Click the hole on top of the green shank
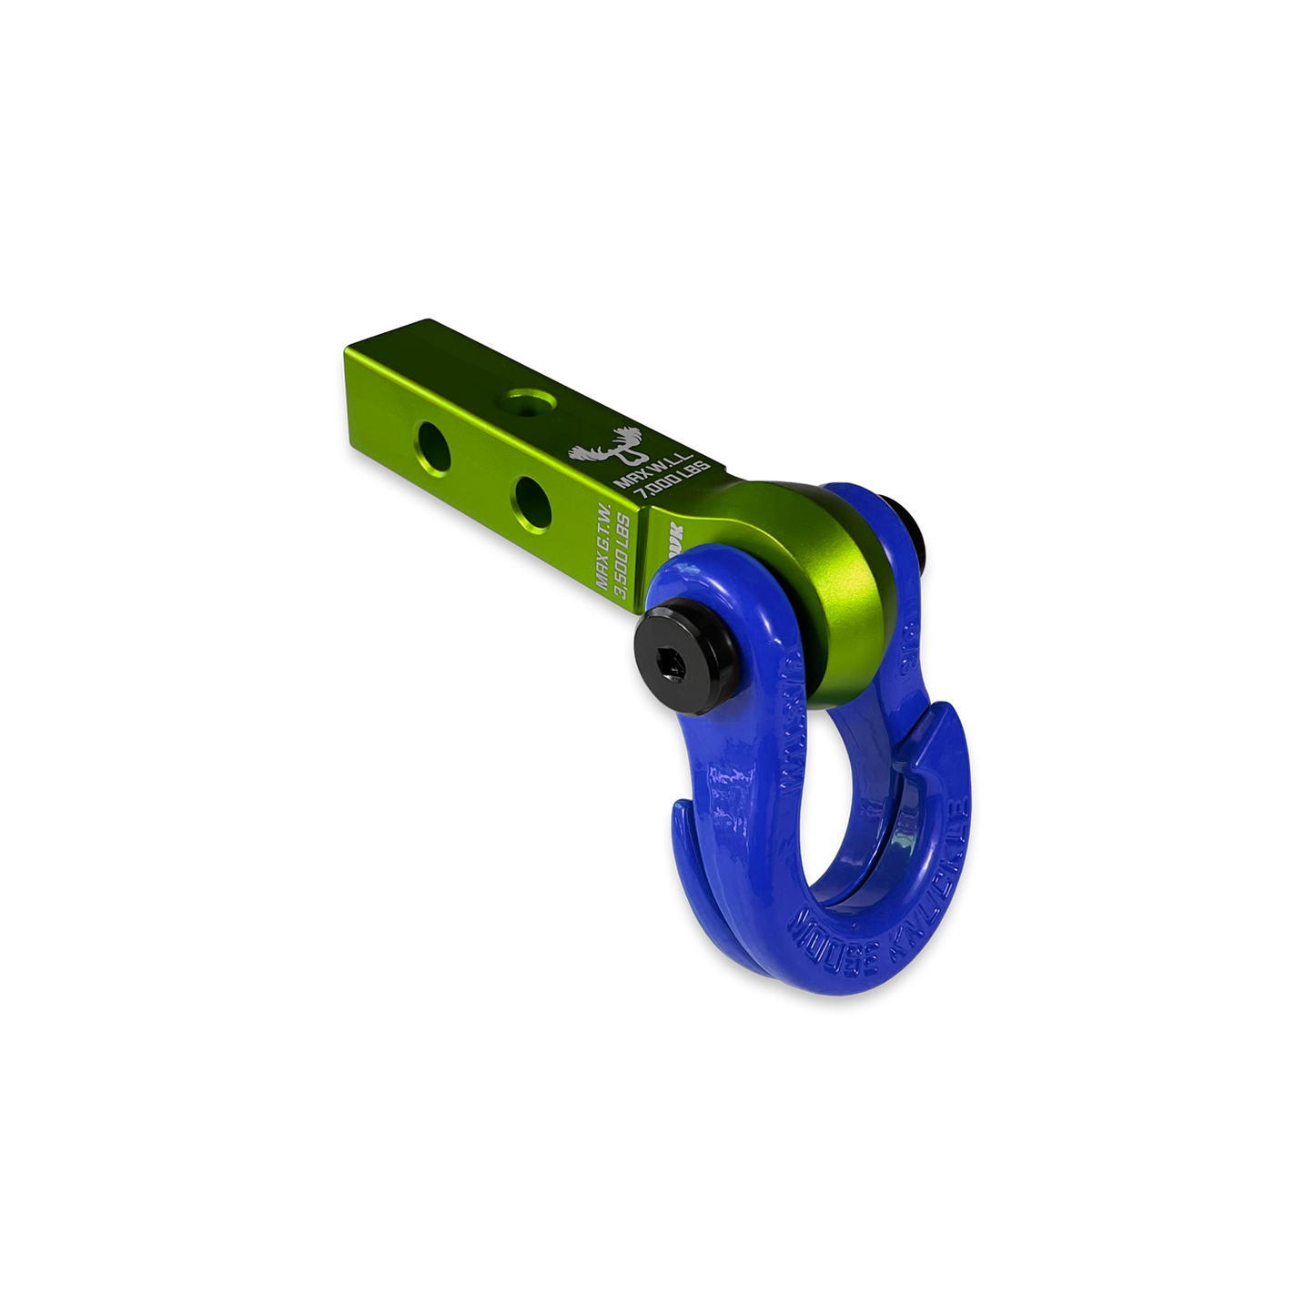tap(526, 399)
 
